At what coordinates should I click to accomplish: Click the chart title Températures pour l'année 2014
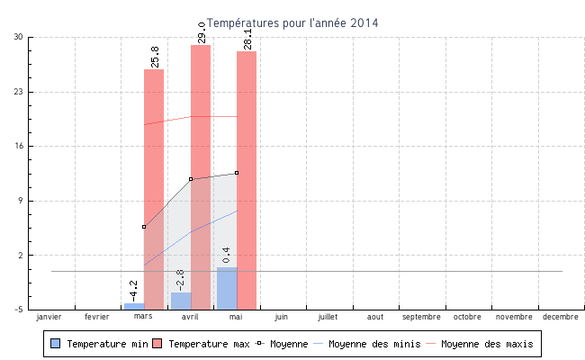point(292,22)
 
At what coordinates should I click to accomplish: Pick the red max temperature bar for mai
point(247,180)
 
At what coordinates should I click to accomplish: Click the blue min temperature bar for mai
point(227,288)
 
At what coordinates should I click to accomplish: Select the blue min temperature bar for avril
point(181,301)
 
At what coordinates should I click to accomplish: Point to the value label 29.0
point(202,33)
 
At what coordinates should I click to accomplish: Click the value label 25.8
point(155,58)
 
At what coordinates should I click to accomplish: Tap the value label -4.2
point(133,291)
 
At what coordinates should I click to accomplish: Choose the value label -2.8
point(179,280)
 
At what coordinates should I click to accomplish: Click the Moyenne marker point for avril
point(191,179)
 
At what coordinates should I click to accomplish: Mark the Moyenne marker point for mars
point(144,227)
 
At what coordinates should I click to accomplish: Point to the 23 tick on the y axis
point(18,92)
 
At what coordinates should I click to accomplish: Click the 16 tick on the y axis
point(18,146)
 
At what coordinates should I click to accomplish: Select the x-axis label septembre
point(421,317)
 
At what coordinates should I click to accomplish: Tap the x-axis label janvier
point(49,317)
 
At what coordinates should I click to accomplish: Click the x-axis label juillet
point(328,317)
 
